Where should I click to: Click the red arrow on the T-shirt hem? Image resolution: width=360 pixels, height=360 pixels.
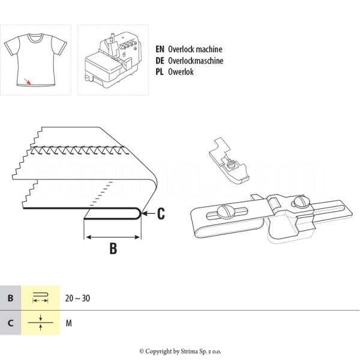pyautogui.click(x=28, y=82)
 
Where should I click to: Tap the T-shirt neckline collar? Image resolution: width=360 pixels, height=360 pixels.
pyautogui.click(x=35, y=38)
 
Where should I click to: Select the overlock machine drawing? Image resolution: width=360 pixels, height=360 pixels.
pyautogui.click(x=113, y=60)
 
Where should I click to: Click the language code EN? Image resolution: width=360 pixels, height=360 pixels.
pyautogui.click(x=160, y=49)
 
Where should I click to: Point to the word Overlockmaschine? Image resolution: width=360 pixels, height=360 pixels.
pyautogui.click(x=196, y=61)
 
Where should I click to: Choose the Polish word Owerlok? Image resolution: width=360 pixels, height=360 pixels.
pyautogui.click(x=181, y=72)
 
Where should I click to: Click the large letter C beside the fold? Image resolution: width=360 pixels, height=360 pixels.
pyautogui.click(x=161, y=214)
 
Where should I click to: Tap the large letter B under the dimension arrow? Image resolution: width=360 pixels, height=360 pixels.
pyautogui.click(x=113, y=248)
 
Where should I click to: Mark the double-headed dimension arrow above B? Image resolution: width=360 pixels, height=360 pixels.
pyautogui.click(x=113, y=237)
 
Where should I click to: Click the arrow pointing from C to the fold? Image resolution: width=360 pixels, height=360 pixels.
pyautogui.click(x=148, y=214)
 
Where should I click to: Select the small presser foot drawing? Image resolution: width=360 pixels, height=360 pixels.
pyautogui.click(x=229, y=160)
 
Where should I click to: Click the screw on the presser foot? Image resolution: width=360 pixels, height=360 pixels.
pyautogui.click(x=231, y=164)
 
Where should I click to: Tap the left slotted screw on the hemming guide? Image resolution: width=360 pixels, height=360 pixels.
pyautogui.click(x=226, y=211)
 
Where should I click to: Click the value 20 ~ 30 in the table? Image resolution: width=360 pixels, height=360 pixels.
pyautogui.click(x=77, y=298)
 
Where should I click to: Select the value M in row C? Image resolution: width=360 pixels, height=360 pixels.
pyautogui.click(x=68, y=323)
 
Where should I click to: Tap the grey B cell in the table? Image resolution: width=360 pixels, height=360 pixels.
pyautogui.click(x=11, y=298)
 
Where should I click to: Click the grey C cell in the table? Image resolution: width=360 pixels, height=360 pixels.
pyautogui.click(x=11, y=323)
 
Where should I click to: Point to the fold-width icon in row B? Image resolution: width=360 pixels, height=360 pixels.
pyautogui.click(x=40, y=298)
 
